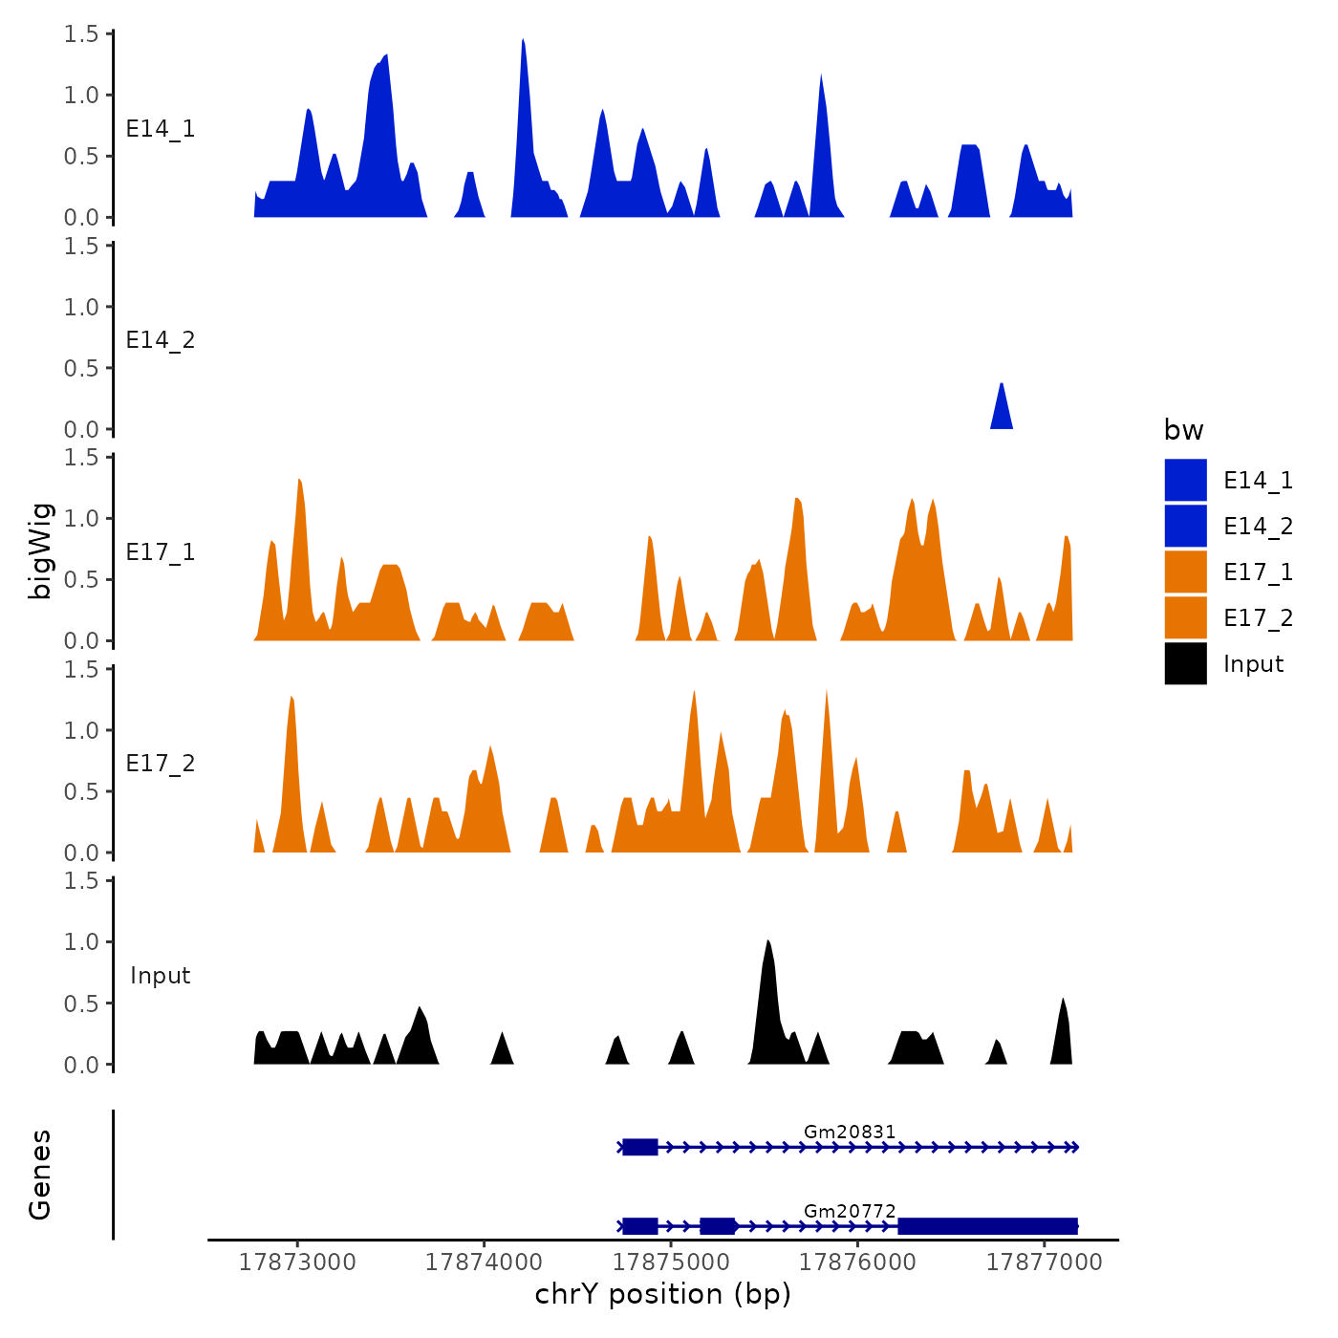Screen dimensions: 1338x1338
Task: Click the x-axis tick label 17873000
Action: tap(297, 1262)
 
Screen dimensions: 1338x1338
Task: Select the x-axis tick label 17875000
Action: tap(671, 1262)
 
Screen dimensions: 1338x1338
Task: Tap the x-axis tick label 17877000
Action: tap(1044, 1262)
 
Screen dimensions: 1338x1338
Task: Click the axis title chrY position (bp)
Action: tap(662, 1295)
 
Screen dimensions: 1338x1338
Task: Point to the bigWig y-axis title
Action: tap(40, 550)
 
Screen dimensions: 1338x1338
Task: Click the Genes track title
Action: tap(40, 1175)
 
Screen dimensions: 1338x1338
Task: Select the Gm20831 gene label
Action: tap(850, 1133)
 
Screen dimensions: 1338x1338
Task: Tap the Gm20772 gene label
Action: tap(850, 1212)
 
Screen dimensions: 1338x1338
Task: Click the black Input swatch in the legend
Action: tap(1185, 663)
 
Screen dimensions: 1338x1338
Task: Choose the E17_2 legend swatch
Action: tap(1185, 617)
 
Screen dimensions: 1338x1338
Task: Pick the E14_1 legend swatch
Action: tap(1185, 480)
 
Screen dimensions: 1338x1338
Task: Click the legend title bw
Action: tap(1183, 431)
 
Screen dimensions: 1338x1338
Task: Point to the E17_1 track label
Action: tap(161, 552)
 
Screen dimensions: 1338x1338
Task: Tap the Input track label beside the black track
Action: tap(161, 976)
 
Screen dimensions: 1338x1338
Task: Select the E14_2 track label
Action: tap(161, 341)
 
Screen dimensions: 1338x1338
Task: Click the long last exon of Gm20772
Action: tap(987, 1226)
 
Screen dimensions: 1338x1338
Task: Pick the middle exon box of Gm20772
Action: tap(717, 1226)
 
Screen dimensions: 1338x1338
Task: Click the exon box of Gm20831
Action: tap(640, 1147)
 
